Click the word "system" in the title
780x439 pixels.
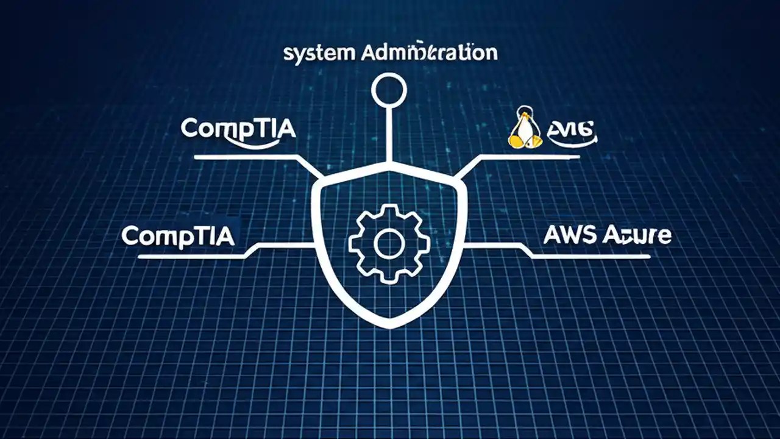tap(319, 53)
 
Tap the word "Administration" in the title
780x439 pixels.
tap(429, 52)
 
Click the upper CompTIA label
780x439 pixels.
tap(238, 129)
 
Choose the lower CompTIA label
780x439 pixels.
tap(178, 235)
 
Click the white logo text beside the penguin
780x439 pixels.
tap(572, 129)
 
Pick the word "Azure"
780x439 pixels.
tap(637, 235)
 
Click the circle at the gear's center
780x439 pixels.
tap(389, 244)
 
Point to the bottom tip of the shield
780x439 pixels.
tap(389, 326)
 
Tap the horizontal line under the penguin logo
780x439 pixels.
tap(530, 157)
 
